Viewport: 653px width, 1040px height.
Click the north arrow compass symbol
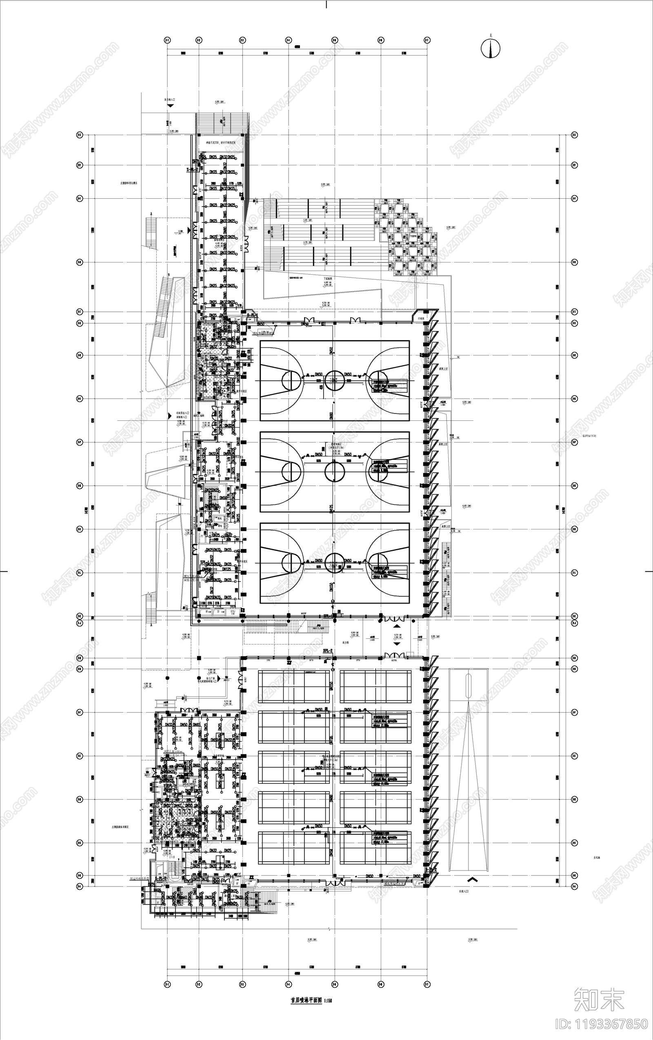tap(491, 49)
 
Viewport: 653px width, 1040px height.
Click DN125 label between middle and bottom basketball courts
tap(332, 508)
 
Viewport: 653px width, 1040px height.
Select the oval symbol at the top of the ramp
tap(469, 686)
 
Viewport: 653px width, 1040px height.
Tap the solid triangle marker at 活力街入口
tap(170, 105)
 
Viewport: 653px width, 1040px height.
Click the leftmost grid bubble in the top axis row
tap(167, 40)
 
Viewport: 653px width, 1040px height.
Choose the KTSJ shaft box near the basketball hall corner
tap(233, 612)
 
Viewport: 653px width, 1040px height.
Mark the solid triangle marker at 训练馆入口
tap(170, 416)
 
